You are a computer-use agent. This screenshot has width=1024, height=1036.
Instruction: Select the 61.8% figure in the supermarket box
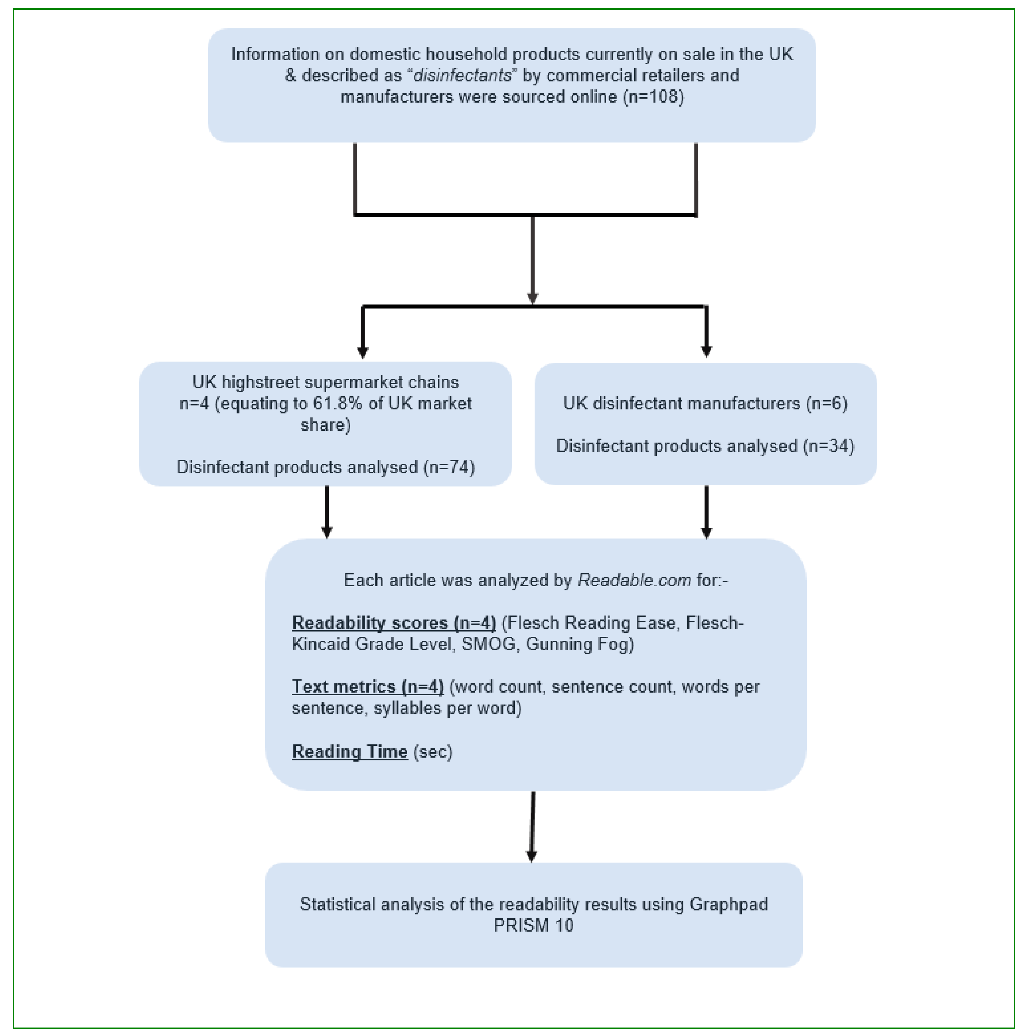(337, 403)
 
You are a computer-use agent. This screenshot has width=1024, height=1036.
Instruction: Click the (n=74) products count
(449, 467)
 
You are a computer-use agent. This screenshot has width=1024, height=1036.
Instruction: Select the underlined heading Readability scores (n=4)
(393, 623)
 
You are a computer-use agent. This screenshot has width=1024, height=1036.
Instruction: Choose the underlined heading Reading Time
(349, 752)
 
